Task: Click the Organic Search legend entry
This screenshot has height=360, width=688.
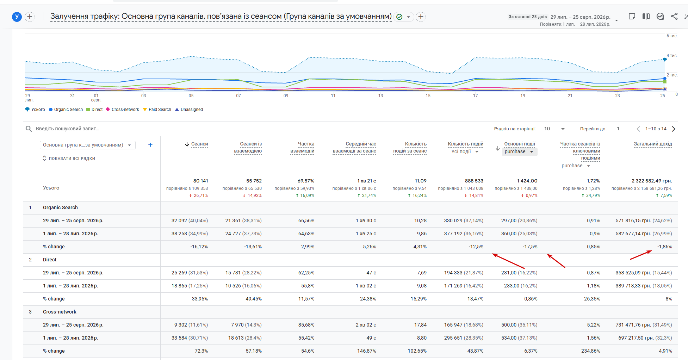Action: click(66, 110)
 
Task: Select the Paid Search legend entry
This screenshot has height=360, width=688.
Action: click(157, 110)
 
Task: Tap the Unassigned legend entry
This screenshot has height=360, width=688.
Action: click(189, 110)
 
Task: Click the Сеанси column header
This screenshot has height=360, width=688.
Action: click(199, 144)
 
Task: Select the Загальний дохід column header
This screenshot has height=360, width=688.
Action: click(653, 144)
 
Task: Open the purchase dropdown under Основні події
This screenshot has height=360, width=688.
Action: click(519, 152)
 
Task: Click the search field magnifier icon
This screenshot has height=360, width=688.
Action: click(29, 129)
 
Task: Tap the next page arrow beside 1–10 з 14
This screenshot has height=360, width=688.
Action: click(674, 129)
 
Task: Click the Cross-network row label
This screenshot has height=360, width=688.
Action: click(60, 312)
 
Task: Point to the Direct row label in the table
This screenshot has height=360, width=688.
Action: click(50, 260)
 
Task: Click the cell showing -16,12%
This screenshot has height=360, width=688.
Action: click(199, 247)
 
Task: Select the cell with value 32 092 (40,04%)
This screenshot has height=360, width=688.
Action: click(190, 221)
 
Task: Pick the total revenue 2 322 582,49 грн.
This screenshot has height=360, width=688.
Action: click(652, 181)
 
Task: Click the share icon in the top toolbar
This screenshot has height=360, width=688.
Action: click(674, 16)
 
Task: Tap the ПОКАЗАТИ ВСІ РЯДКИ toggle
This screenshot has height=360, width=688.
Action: click(69, 159)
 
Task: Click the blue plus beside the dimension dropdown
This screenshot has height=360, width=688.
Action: click(150, 145)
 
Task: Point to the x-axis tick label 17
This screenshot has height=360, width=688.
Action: click(475, 96)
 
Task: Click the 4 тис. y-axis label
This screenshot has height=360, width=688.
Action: click(672, 56)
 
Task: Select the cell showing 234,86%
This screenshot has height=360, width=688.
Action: click(591, 351)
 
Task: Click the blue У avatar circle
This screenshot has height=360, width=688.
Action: click(17, 17)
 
